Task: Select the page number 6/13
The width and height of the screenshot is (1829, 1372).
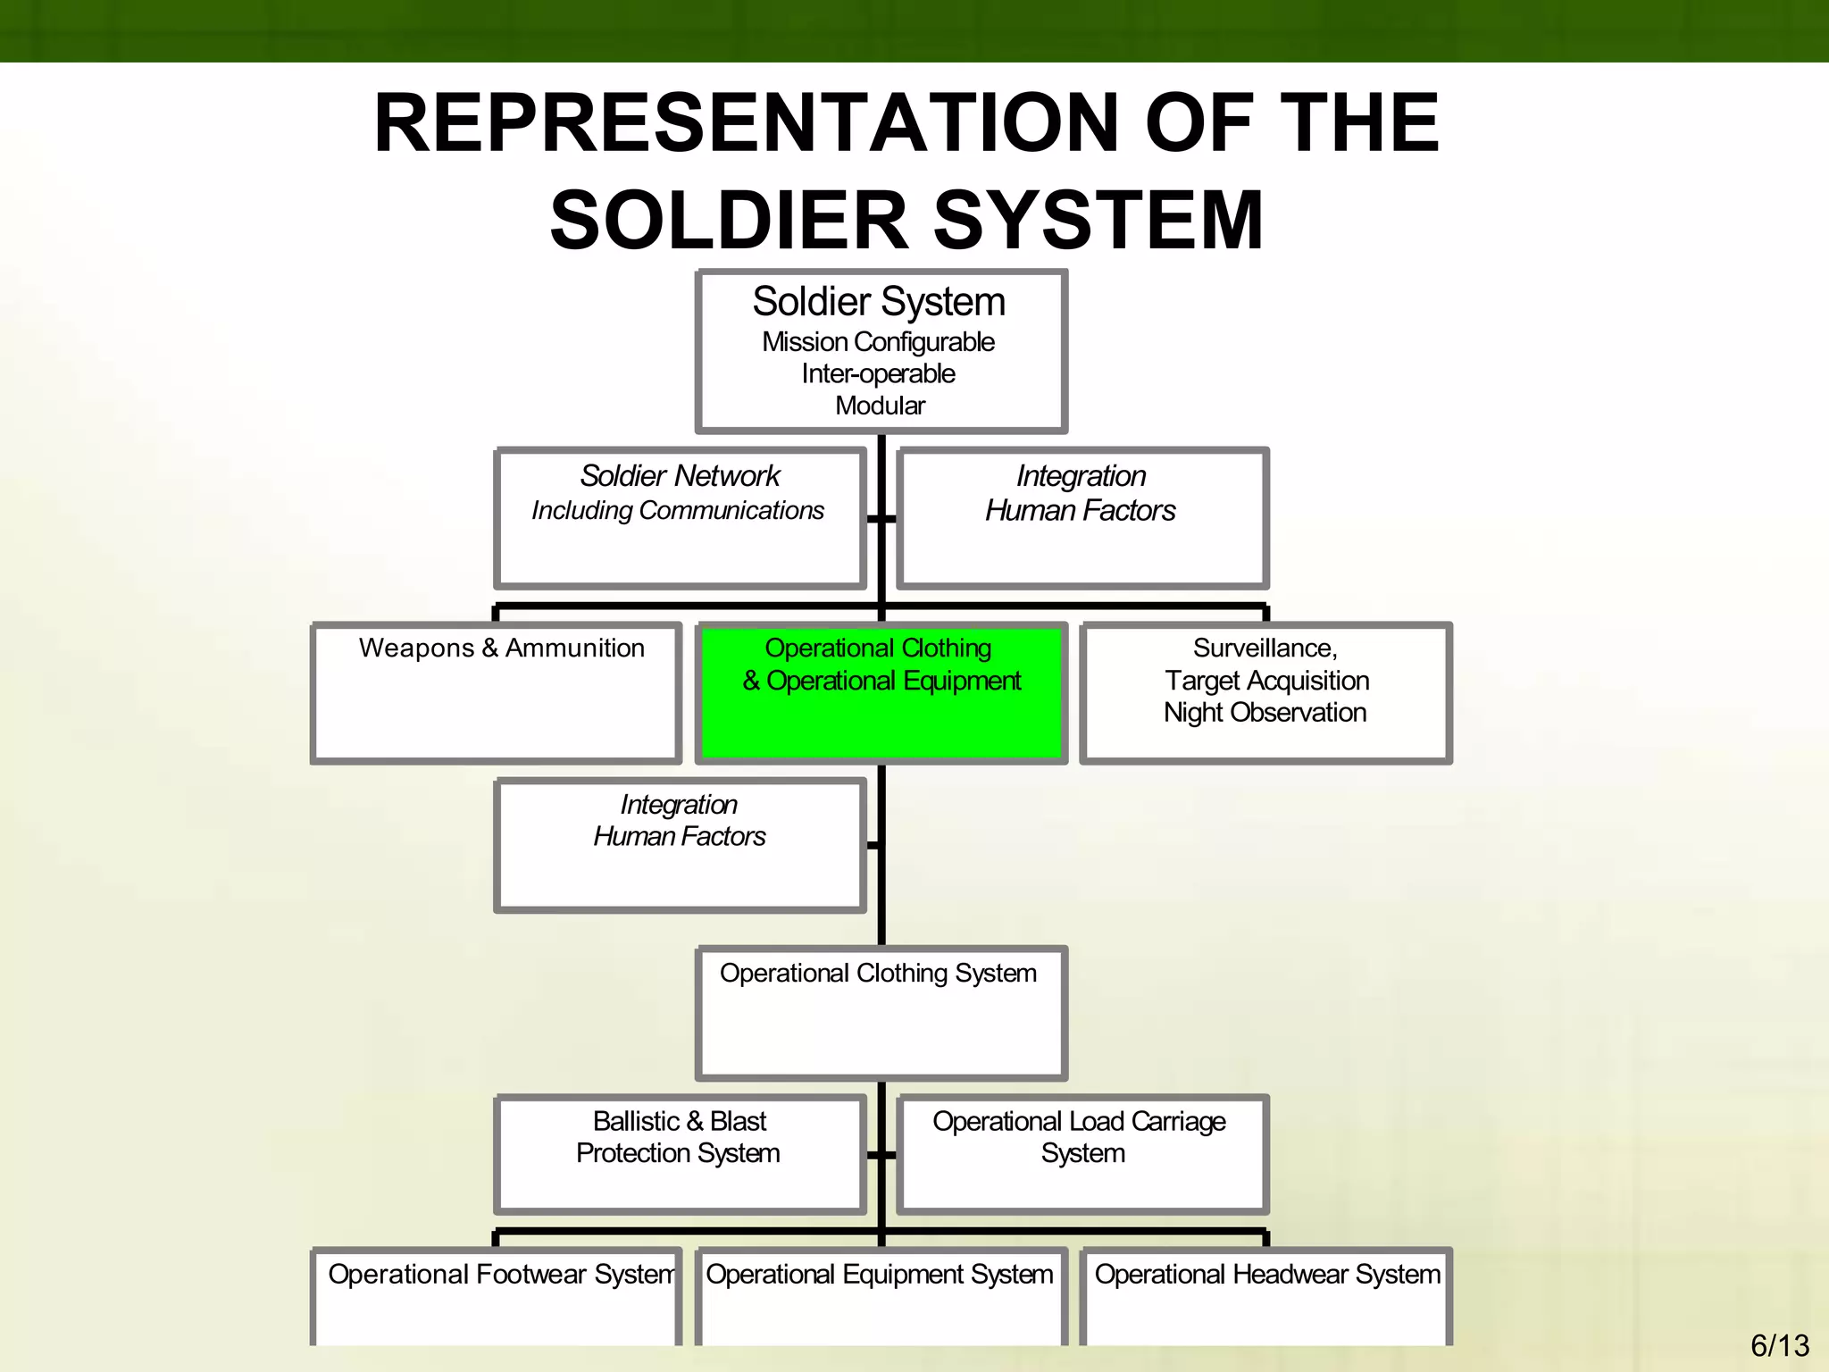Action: pos(1779,1345)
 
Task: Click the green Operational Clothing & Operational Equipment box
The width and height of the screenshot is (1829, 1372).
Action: pos(881,693)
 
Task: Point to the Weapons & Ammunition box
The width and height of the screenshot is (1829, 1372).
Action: pos(497,693)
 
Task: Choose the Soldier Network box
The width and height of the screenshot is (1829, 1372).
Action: pos(680,518)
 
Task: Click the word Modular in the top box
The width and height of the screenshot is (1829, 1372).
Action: pos(880,406)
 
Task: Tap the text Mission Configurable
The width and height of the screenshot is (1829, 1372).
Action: pos(878,342)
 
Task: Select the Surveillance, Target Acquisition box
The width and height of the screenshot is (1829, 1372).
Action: pos(1265,693)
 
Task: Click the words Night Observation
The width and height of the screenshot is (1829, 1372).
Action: pos(1265,713)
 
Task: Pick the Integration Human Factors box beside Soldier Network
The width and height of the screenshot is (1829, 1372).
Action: pos(1082,518)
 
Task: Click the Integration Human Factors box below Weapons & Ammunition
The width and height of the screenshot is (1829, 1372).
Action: pos(680,845)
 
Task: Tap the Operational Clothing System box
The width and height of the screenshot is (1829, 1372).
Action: pos(881,1013)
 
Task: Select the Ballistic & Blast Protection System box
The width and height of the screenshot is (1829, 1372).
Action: pos(680,1154)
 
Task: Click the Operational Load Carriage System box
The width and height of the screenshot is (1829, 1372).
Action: pos(1082,1154)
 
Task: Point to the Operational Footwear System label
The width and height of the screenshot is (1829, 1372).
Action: pos(500,1274)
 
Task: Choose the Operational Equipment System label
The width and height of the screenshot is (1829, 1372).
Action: pos(880,1274)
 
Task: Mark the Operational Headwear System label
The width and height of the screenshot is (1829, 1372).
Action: pos(1267,1274)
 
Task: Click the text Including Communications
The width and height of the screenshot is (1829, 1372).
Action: pos(678,511)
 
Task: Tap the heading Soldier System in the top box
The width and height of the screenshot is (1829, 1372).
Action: pos(879,302)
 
